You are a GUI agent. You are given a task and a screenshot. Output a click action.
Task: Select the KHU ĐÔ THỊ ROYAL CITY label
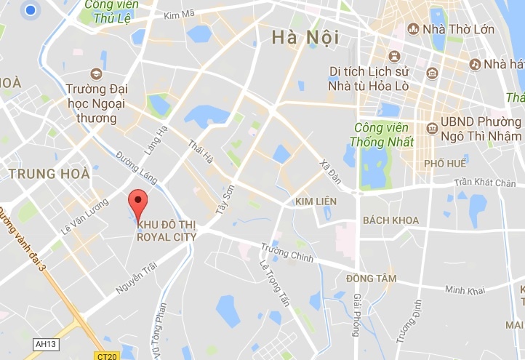166,230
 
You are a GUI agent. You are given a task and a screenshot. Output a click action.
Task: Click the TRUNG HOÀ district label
49,174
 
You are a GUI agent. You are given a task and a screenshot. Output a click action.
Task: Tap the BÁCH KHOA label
390,220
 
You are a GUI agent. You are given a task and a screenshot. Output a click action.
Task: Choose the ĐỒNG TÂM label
371,278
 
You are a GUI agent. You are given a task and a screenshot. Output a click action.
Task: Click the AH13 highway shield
47,344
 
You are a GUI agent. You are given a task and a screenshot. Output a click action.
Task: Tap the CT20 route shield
105,356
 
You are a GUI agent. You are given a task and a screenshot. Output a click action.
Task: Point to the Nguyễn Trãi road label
136,280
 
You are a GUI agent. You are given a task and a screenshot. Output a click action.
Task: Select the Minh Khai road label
465,290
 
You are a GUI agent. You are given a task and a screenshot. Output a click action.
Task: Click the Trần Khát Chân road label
484,183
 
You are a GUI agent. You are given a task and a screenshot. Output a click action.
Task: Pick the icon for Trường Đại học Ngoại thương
96,74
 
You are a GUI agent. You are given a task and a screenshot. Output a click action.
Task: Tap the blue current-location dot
31,10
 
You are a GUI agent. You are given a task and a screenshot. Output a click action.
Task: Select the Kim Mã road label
181,15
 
